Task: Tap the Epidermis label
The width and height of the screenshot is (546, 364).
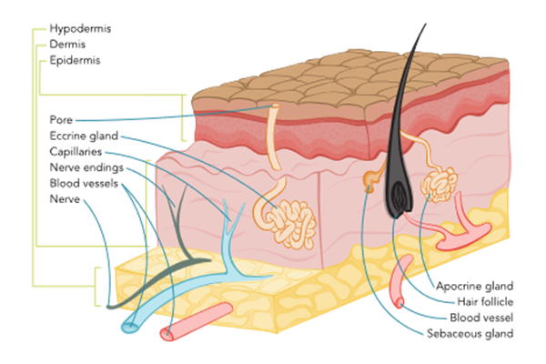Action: pyautogui.click(x=75, y=60)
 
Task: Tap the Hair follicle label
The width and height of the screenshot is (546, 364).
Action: pyautogui.click(x=483, y=300)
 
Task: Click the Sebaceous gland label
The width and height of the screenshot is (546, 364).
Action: pyautogui.click(x=470, y=333)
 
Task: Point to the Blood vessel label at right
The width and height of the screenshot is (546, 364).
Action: pyautogui.click(x=483, y=317)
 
